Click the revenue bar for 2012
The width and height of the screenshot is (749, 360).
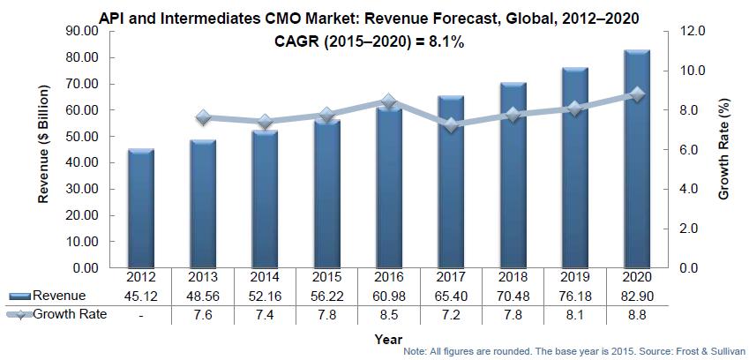tap(141, 208)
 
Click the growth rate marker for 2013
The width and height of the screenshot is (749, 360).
tap(203, 117)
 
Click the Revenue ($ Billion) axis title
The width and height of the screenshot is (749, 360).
tap(42, 147)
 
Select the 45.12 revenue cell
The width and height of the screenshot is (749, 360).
tap(141, 295)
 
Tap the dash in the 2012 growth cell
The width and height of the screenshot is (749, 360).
tap(141, 313)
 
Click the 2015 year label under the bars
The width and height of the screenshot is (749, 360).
tap(326, 277)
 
